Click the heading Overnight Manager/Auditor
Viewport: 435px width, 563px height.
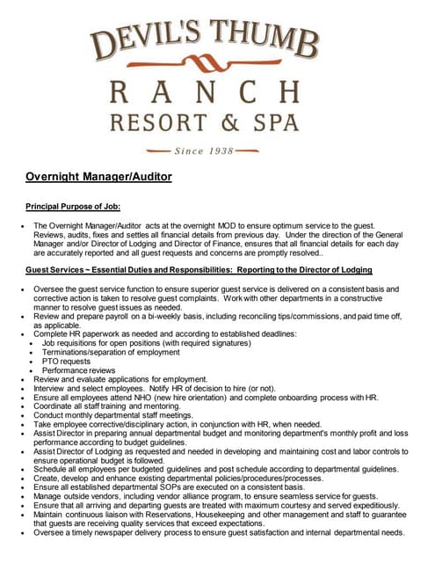click(x=98, y=176)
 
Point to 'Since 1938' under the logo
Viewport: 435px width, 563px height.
click(x=204, y=150)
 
